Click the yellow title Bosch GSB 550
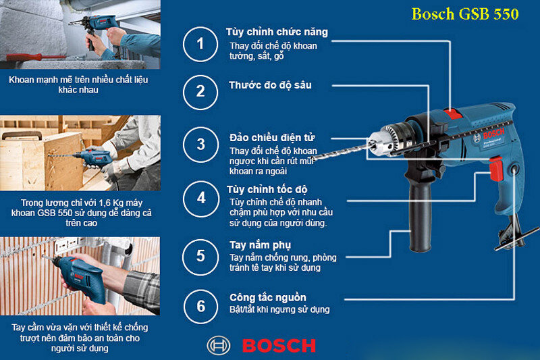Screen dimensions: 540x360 click(x=465, y=14)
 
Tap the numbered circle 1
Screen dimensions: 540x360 click(x=200, y=44)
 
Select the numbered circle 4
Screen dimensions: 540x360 click(x=200, y=199)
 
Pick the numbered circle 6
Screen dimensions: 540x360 click(x=200, y=306)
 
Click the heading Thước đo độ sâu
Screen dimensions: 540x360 click(x=270, y=85)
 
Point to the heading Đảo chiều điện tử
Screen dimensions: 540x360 click(x=272, y=138)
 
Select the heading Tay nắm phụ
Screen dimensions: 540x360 click(x=260, y=245)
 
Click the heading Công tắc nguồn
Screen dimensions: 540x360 click(x=268, y=297)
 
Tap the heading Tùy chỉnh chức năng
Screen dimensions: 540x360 click(x=277, y=32)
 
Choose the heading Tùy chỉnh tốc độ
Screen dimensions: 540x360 click(x=267, y=190)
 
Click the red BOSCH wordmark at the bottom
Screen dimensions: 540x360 click(x=279, y=346)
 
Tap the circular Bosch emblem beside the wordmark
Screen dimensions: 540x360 click(x=218, y=346)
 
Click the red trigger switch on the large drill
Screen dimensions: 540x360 click(x=496, y=168)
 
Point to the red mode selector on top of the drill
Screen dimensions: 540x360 click(x=453, y=113)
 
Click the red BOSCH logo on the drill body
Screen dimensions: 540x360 click(x=493, y=133)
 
